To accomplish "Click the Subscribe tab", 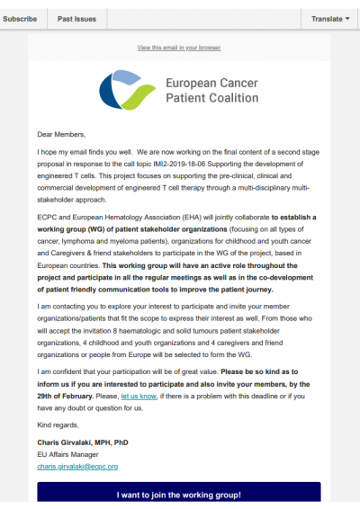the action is [19, 18].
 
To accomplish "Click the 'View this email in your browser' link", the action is [180, 47].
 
